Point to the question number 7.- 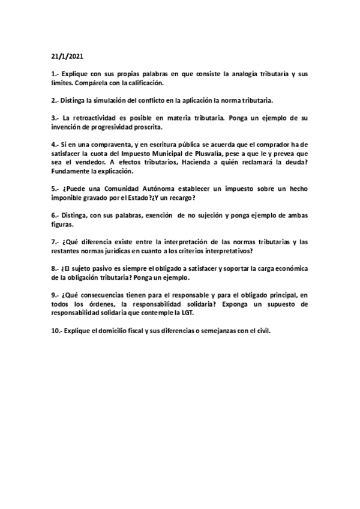click(55, 241)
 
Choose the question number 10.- click(56, 330)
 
